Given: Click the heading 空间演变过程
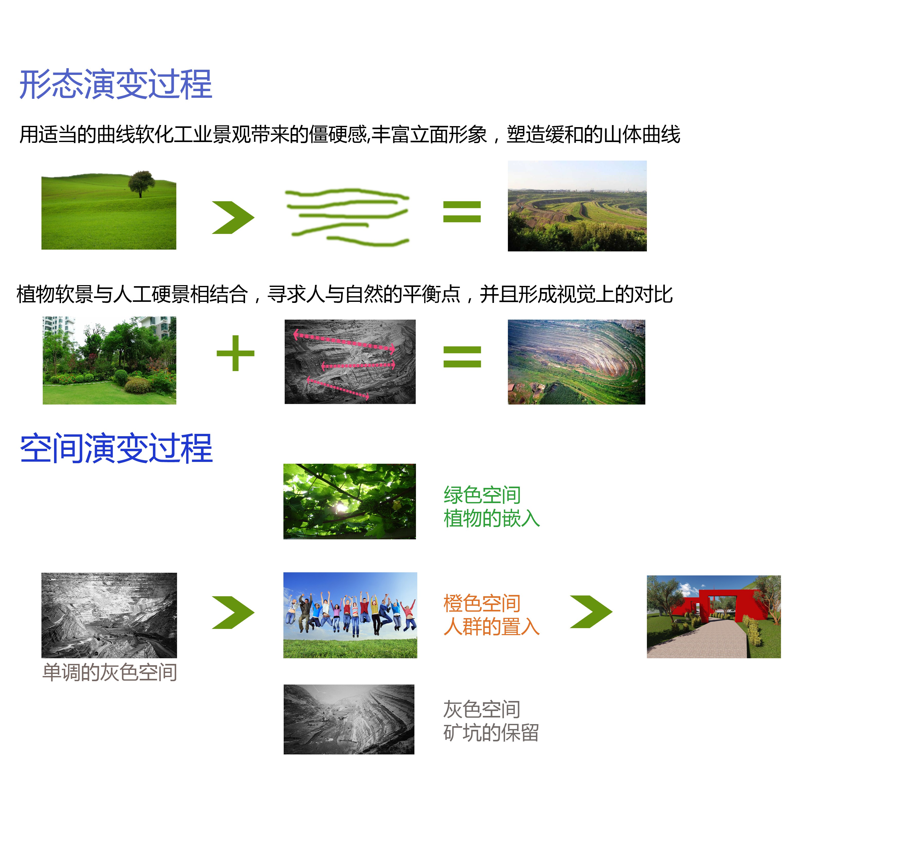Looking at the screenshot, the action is (116, 449).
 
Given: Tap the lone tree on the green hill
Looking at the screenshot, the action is (141, 183).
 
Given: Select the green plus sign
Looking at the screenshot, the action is (235, 353).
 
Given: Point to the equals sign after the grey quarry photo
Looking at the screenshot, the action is (462, 357).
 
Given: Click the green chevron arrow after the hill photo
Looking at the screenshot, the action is (233, 217).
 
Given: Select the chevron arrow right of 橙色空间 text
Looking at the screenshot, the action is (591, 612).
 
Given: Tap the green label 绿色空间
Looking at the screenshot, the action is (482, 495).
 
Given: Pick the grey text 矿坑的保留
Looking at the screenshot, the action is (491, 733).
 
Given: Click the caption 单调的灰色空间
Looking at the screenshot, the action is (109, 672).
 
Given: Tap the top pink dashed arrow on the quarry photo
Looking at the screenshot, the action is (344, 341).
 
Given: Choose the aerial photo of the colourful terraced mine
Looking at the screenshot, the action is (576, 362).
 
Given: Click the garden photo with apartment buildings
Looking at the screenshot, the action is (109, 361).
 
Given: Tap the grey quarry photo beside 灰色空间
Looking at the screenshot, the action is (349, 719).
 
